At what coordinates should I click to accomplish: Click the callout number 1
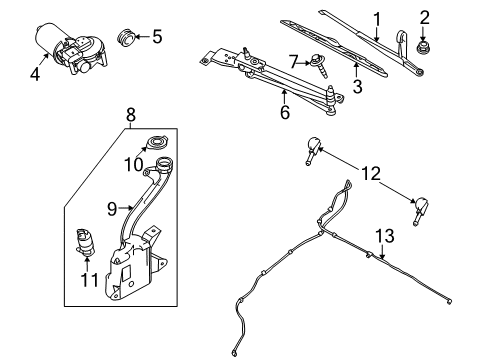(x=377, y=19)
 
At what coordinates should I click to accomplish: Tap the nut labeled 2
(x=423, y=48)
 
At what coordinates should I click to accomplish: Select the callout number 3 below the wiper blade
(x=357, y=86)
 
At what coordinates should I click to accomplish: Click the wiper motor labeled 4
(x=71, y=48)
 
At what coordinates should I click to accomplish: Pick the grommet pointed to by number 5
(x=126, y=38)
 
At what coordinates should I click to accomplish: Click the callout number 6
(x=285, y=112)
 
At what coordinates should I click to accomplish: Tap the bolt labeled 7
(x=319, y=66)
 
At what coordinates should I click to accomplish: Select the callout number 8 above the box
(x=131, y=115)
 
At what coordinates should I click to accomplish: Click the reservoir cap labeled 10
(x=156, y=143)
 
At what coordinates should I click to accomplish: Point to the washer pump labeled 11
(x=85, y=243)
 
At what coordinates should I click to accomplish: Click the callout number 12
(x=371, y=173)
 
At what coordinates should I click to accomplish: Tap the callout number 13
(x=385, y=236)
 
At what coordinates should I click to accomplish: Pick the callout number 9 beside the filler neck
(x=112, y=209)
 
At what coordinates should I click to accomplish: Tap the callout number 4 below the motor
(x=35, y=74)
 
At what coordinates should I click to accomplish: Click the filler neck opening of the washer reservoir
(x=164, y=163)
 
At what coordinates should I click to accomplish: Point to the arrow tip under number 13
(x=383, y=259)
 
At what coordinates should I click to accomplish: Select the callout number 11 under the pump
(x=90, y=280)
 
